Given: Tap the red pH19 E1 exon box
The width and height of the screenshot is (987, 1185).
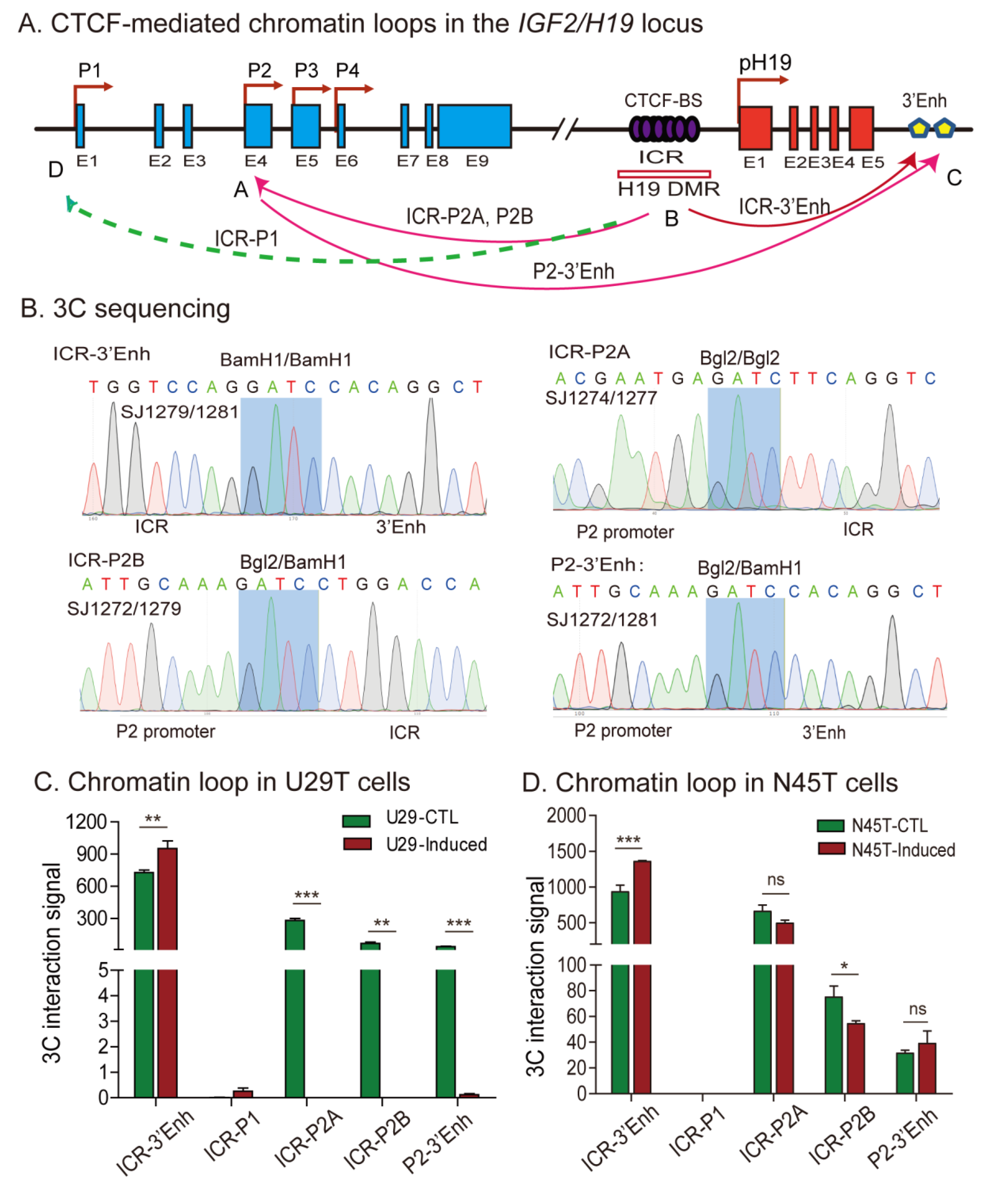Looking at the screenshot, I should [x=755, y=128].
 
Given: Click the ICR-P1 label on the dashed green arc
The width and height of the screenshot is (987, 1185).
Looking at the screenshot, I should [x=246, y=239].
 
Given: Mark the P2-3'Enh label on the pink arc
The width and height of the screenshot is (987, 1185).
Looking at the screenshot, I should [x=573, y=271].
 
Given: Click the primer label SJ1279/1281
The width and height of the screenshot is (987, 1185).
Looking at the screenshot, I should [x=179, y=412].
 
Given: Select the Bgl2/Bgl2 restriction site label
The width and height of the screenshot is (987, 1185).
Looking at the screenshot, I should [x=739, y=358].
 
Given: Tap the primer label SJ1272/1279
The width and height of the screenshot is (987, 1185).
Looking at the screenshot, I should [x=124, y=608].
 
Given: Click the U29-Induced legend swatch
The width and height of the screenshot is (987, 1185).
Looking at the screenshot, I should [x=357, y=844].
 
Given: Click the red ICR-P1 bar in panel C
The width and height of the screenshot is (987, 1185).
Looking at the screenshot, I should [x=243, y=1093].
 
